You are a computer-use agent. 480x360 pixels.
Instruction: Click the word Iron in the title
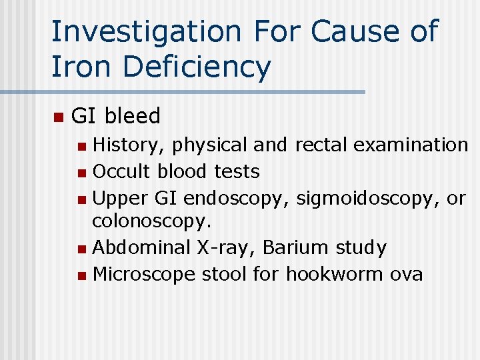pos(76,67)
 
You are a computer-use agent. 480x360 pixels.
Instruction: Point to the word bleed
pos(132,116)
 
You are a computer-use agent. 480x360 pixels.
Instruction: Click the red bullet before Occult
pos(81,173)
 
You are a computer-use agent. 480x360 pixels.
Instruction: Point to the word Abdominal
pos(141,247)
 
